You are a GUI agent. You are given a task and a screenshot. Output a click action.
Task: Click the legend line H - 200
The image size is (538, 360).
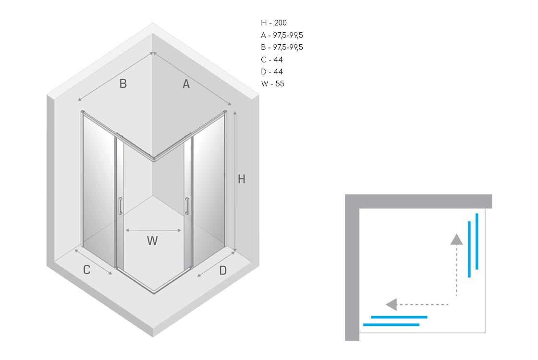pyautogui.click(x=274, y=23)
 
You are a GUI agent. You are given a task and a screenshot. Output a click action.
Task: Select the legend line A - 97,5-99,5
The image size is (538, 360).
pyautogui.click(x=281, y=36)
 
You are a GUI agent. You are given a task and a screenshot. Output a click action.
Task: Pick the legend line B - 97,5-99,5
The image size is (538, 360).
pyautogui.click(x=281, y=48)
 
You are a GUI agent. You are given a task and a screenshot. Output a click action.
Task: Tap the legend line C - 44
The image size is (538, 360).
pyautogui.click(x=272, y=60)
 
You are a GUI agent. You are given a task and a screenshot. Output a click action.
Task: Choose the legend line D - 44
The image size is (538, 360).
pyautogui.click(x=272, y=72)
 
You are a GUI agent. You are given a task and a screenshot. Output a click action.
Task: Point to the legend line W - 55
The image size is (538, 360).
pyautogui.click(x=273, y=84)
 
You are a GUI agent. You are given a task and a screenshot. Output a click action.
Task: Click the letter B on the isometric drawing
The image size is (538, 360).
pyautogui.click(x=123, y=84)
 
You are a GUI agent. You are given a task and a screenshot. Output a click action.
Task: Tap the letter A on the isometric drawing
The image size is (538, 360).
pyautogui.click(x=186, y=84)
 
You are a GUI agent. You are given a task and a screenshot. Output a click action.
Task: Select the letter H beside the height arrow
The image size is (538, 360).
pyautogui.click(x=242, y=179)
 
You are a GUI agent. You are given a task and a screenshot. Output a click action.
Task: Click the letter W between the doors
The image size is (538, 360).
pyautogui.click(x=152, y=240)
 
